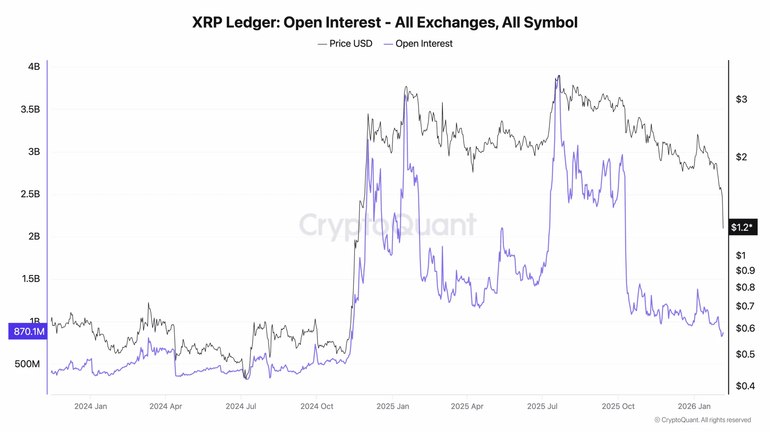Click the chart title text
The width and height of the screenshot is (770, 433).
(385, 23)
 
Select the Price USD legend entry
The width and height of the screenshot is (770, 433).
(345, 44)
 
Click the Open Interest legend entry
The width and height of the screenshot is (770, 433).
(418, 44)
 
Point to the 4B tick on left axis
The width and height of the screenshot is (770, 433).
(34, 67)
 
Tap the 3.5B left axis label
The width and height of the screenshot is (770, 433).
(30, 109)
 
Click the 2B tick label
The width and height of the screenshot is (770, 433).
(34, 236)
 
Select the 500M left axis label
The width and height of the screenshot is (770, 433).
(27, 364)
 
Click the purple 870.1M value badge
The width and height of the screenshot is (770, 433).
(28, 332)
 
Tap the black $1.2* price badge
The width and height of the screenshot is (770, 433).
(743, 227)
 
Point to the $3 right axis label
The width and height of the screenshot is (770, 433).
(741, 99)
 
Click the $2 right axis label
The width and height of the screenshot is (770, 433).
(741, 157)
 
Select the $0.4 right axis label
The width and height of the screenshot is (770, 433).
(745, 386)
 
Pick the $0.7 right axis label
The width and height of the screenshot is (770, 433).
(745, 306)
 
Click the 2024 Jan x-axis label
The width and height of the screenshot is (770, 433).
(91, 406)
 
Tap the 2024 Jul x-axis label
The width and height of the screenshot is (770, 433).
(241, 406)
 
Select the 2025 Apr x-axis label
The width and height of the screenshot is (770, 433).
(467, 406)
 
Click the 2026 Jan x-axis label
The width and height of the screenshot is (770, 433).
(694, 406)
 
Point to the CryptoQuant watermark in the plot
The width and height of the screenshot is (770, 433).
(387, 225)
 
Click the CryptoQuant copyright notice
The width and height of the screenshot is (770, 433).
(703, 420)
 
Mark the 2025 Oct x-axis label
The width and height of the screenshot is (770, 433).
(618, 406)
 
